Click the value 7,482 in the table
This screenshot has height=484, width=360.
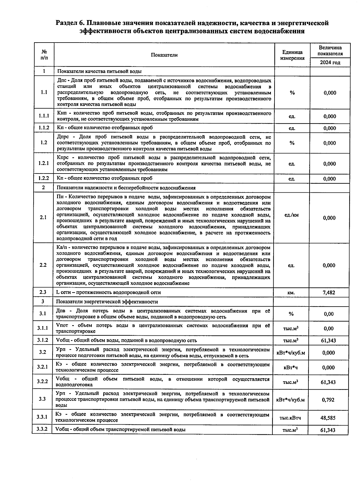[x=329, y=292]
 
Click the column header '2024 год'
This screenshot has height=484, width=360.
[x=330, y=63]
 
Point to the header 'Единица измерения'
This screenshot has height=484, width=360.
[x=292, y=55]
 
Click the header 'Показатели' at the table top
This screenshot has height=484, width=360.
[x=164, y=55]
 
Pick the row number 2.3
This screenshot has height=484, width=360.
[x=43, y=292]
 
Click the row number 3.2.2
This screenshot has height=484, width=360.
[x=42, y=382]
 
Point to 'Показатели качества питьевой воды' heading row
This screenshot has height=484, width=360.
[x=99, y=71]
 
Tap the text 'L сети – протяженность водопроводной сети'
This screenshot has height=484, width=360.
[x=109, y=292]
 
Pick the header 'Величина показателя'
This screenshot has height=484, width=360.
[x=330, y=51]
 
